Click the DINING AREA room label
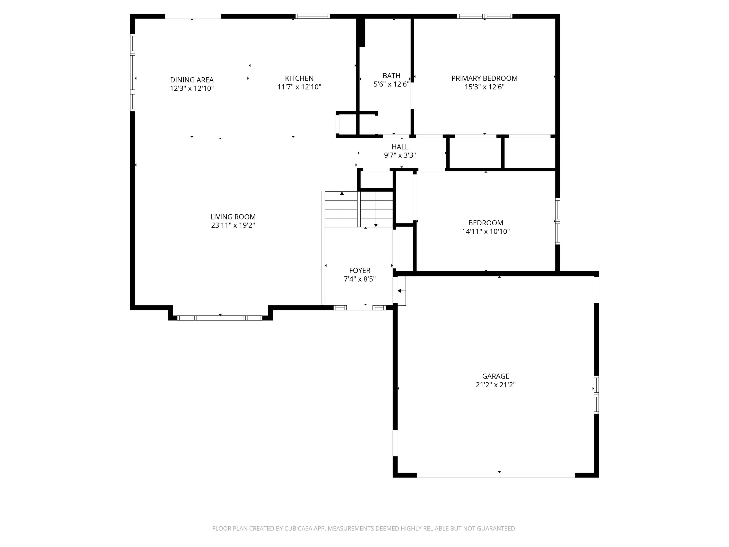[x=192, y=80]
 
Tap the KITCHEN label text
[x=299, y=78]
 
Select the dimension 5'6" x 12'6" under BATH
[x=391, y=84]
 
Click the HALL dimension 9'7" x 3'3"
[x=400, y=155]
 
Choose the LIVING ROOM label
[x=233, y=217]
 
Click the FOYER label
[x=360, y=270]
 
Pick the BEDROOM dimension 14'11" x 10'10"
[x=486, y=231]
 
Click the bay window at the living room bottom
[x=220, y=318]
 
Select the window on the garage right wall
[x=596, y=394]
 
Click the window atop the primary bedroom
[x=485, y=16]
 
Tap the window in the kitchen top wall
[x=312, y=16]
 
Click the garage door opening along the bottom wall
[x=496, y=475]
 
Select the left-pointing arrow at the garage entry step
[x=400, y=291]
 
